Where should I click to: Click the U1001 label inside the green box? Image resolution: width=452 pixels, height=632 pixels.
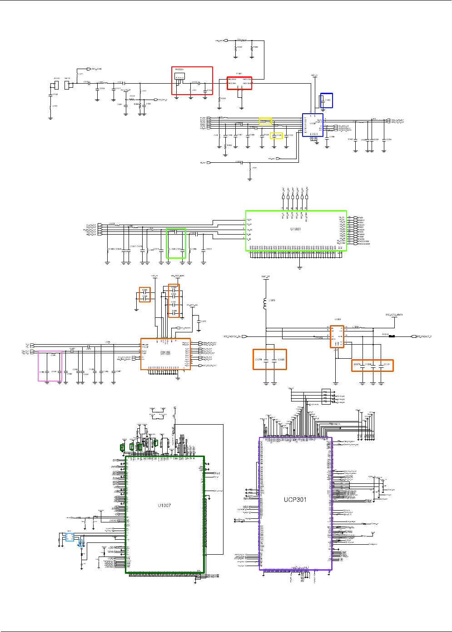[295, 229]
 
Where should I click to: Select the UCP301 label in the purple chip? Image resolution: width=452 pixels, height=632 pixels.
[295, 500]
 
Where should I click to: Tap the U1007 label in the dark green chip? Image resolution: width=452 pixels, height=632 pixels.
[164, 506]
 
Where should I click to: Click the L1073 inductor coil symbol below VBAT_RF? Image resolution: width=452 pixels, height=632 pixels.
[266, 303]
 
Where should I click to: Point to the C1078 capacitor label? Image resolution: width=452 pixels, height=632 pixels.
[258, 360]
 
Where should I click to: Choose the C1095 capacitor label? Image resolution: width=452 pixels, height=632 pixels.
[282, 360]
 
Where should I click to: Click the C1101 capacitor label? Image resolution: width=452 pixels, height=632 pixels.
[387, 364]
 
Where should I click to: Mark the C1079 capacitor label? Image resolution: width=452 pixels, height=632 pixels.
[357, 364]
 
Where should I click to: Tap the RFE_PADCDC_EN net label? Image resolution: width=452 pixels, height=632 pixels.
[232, 336]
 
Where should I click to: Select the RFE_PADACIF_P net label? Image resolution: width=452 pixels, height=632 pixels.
[424, 336]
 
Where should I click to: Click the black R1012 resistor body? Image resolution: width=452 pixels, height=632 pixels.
[392, 336]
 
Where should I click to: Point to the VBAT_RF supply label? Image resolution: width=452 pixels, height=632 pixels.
[266, 276]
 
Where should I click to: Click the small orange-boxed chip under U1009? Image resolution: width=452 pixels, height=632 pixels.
[337, 337]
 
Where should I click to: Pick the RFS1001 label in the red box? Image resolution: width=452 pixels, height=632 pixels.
[179, 70]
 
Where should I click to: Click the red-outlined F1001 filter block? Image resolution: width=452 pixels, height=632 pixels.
[239, 83]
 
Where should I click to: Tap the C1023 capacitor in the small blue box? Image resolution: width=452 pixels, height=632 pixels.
[327, 100]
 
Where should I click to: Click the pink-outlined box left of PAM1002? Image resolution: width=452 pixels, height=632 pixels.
[50, 366]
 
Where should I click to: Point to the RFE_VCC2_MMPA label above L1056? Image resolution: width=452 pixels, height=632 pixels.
[394, 315]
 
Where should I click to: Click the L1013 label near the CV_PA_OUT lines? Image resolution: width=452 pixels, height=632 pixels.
[112, 224]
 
